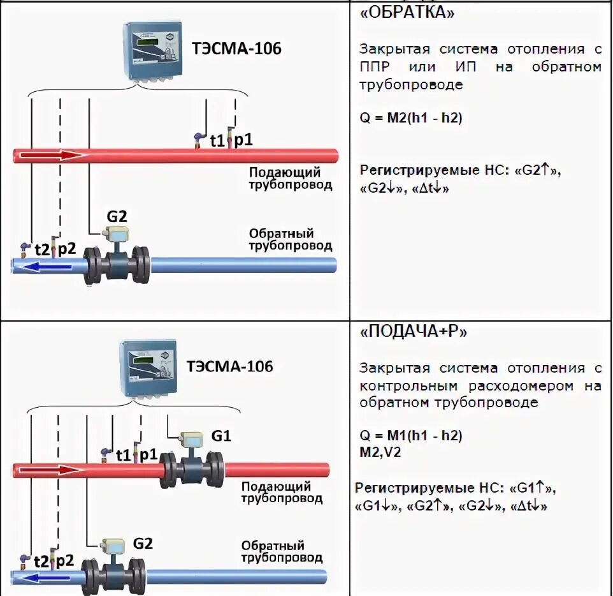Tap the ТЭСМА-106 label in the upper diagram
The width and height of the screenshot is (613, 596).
pyautogui.click(x=236, y=49)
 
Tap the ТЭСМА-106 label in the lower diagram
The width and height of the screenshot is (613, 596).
pyautogui.click(x=230, y=366)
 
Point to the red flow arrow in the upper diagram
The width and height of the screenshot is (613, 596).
pyautogui.click(x=59, y=155)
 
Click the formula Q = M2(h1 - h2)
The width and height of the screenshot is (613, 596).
pyautogui.click(x=410, y=117)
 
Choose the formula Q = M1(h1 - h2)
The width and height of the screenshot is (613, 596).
pyautogui.click(x=410, y=436)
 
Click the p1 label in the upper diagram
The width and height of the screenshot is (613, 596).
pyautogui.click(x=243, y=140)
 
